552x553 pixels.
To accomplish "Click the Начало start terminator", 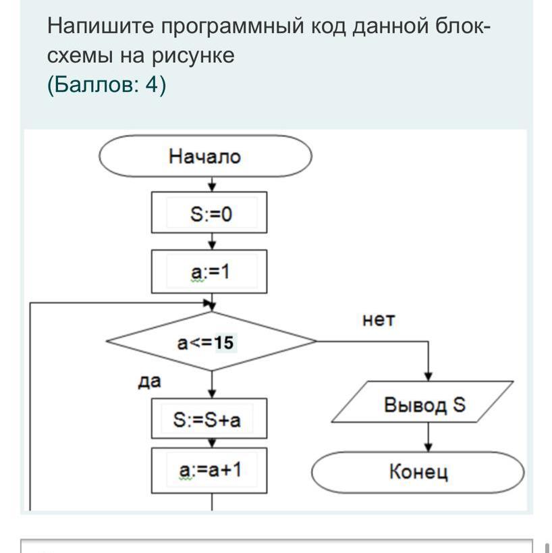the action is pos(205,156).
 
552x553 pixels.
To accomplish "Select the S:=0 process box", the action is pos(209,212).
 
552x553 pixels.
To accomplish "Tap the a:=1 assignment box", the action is pos(209,271).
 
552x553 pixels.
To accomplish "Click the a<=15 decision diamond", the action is pos(211,341).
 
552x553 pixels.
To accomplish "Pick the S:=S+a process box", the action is pos(209,419).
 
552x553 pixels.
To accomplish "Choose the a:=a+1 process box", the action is pos(209,471).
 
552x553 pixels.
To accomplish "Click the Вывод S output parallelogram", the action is pos(422,402).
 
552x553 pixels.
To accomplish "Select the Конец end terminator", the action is pos(418,472).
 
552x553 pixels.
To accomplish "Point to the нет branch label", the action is pos(379,320).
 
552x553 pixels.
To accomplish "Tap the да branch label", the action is pos(149,381).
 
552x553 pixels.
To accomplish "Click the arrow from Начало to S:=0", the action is pos(212,184).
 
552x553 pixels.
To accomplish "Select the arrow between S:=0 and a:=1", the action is pos(212,242).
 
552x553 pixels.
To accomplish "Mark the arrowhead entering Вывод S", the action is pos(429,377).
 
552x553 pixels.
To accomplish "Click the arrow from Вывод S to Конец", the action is pos(429,438).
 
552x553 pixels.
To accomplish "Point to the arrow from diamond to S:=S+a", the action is pos(212,384).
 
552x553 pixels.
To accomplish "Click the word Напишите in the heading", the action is pos(101,26).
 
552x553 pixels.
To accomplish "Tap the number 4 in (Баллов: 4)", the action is pos(151,85).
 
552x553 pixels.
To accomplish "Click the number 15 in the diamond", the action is pos(224,342).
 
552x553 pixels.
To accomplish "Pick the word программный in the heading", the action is pos(232,27).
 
